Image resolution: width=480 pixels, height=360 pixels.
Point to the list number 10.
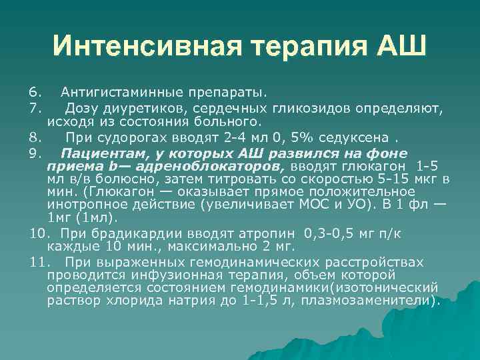[x=37, y=233]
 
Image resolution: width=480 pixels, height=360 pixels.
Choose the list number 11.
[x=37, y=262]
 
